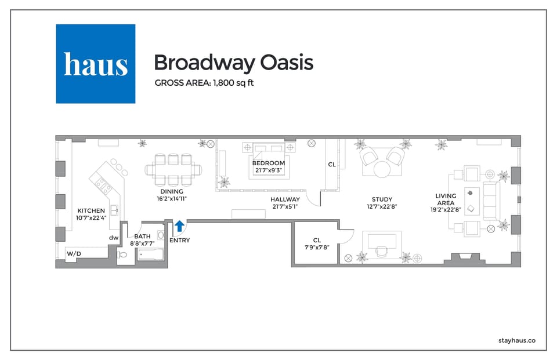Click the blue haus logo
pyautogui.click(x=95, y=64)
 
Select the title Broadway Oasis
pyautogui.click(x=233, y=63)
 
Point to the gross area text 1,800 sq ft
pyautogui.click(x=204, y=83)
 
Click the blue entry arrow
pyautogui.click(x=179, y=226)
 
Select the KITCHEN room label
pyautogui.click(x=91, y=211)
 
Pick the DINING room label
pyautogui.click(x=172, y=192)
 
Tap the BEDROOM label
pyautogui.click(x=268, y=163)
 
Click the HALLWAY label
pyautogui.click(x=285, y=199)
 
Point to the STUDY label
pyautogui.click(x=382, y=199)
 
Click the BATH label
pyautogui.click(x=142, y=237)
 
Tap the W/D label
pyautogui.click(x=74, y=254)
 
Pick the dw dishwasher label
pyautogui.click(x=114, y=237)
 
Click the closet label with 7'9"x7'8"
pyautogui.click(x=317, y=240)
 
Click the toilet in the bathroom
pyautogui.click(x=122, y=255)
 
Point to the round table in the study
pyautogui.click(x=382, y=169)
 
